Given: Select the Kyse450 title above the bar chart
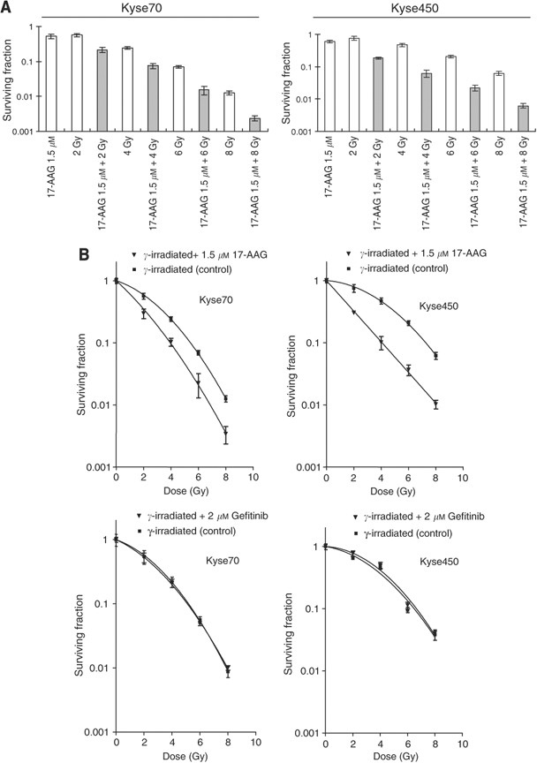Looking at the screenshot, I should [x=415, y=8].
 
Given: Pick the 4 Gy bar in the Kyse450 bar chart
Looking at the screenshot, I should [x=402, y=87].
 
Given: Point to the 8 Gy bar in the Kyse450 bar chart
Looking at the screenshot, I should [x=501, y=102].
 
